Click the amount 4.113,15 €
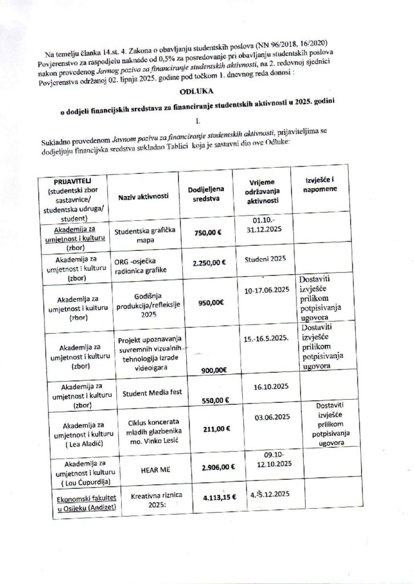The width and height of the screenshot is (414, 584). (212, 499)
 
